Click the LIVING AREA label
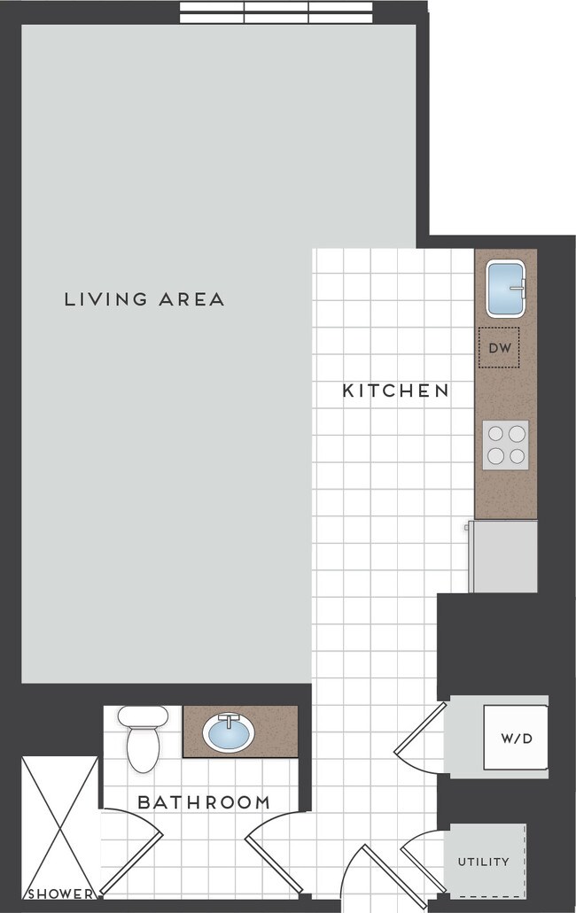144,299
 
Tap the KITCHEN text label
395,391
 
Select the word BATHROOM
204,803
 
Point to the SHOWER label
59,894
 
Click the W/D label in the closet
516,738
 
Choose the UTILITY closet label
483,862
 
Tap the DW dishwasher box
500,348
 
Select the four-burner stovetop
506,445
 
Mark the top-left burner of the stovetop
495,434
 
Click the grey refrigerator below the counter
502,556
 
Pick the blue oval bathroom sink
229,732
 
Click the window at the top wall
276,12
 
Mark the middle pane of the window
276,12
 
